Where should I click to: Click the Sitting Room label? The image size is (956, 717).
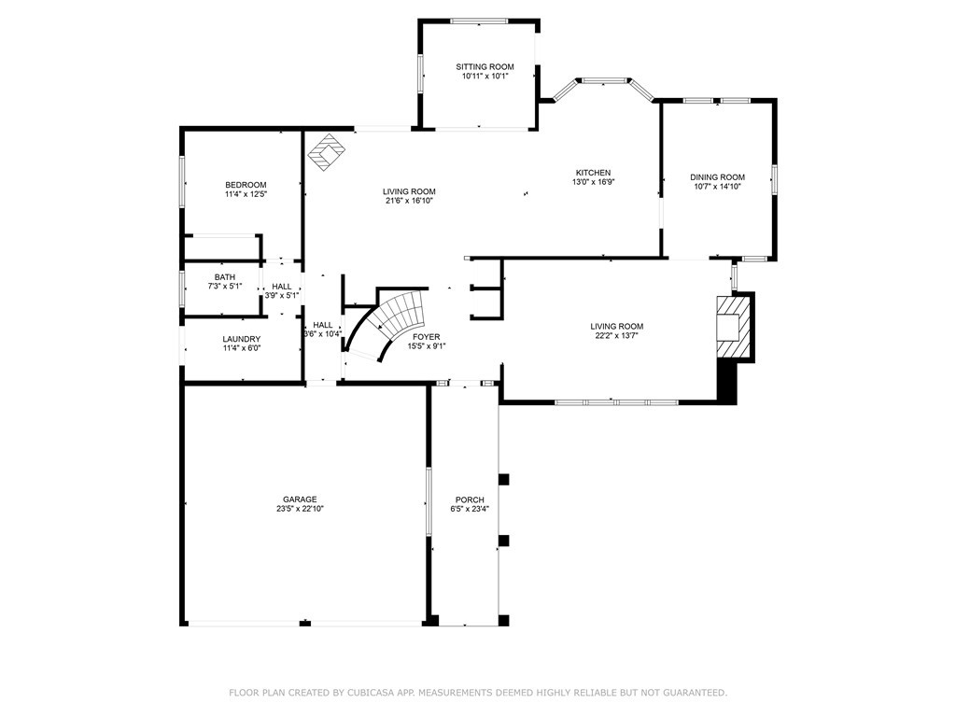tap(485, 67)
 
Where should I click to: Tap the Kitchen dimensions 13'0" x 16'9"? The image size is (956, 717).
tap(593, 182)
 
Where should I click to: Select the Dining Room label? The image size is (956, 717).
tap(717, 177)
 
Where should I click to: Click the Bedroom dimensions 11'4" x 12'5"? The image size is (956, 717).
tap(246, 194)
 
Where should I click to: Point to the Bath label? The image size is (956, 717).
tap(224, 277)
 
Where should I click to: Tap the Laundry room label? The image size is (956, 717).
tap(242, 339)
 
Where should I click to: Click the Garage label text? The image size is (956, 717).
tap(300, 499)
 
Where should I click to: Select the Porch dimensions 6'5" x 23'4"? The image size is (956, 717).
tap(470, 509)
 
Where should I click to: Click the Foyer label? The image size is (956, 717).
tap(426, 337)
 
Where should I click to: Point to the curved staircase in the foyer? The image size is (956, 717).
tap(391, 324)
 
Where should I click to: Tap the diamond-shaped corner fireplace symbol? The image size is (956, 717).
tap(327, 152)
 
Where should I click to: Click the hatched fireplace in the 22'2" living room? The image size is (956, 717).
tap(734, 327)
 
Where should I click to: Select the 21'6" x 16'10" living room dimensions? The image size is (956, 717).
tap(409, 201)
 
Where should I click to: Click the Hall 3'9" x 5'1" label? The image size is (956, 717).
tap(282, 291)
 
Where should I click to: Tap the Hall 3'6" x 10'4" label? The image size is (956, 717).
tap(322, 330)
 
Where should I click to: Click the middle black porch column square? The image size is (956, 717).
tap(503, 541)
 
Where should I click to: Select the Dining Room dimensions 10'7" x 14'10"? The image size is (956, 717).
tap(717, 187)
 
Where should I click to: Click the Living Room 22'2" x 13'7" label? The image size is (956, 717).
tap(616, 330)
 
